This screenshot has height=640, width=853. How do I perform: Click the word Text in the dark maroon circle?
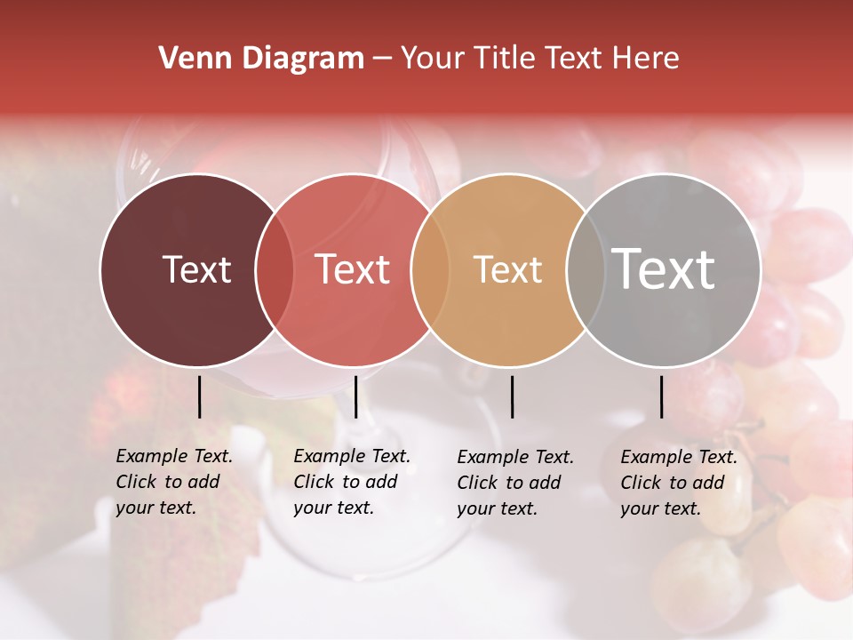coord(196,269)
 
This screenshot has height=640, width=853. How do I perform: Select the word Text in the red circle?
coord(353,269)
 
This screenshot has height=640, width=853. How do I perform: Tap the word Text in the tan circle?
coord(507,269)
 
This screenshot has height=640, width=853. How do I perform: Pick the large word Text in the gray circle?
coord(664,269)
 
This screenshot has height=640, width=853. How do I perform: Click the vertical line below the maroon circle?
coord(199,396)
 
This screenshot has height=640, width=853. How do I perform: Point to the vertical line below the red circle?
coord(355,396)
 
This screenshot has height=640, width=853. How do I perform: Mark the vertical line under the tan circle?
coord(512,396)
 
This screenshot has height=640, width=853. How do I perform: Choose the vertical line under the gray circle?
coord(661,396)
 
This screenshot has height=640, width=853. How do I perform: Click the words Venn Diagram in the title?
coord(261,59)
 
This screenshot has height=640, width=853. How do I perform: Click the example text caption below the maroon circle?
coord(174,482)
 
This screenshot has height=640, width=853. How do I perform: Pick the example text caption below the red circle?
coord(352,482)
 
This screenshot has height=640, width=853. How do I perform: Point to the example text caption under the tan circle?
coord(515,483)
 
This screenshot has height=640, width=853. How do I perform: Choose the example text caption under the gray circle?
coord(679,483)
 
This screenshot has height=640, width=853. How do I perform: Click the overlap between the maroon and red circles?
coord(275,269)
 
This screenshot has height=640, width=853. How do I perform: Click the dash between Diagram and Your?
coord(382,59)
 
